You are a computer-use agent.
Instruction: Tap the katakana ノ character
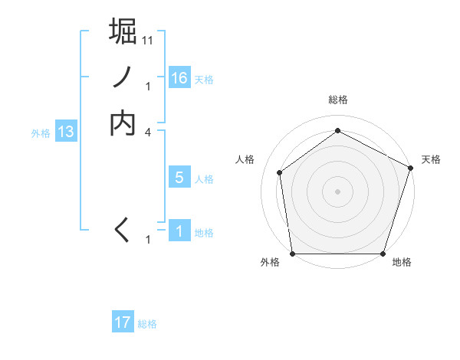[x=123, y=77]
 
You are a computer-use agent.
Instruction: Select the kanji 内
[x=123, y=123]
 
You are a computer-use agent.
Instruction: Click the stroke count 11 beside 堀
[x=148, y=39]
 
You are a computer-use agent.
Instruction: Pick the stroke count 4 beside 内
[x=148, y=132]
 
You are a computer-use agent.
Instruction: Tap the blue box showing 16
[x=179, y=78]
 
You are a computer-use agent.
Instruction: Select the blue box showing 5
[x=179, y=178]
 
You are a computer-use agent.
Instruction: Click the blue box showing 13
[x=65, y=133]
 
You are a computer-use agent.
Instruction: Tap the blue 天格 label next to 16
[x=204, y=80]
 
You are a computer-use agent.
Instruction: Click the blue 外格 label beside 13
[x=41, y=133]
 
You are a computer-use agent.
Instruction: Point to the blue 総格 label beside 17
[x=147, y=324]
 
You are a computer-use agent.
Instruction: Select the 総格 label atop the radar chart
[x=338, y=100]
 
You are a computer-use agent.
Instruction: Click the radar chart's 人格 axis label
[x=245, y=159]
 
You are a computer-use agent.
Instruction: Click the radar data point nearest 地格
[x=383, y=254]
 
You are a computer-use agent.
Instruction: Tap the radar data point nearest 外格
[x=292, y=254]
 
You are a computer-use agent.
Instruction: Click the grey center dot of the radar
[x=338, y=191]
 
